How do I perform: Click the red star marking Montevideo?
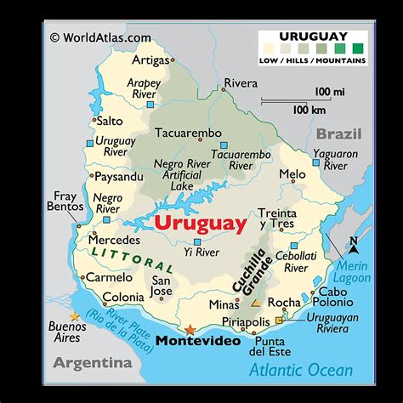click(x=190, y=328)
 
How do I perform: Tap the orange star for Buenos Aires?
click(x=74, y=317)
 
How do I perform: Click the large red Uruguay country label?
click(x=201, y=224)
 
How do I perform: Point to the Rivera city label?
click(x=240, y=83)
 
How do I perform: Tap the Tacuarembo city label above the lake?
click(x=187, y=133)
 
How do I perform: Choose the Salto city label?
click(x=111, y=122)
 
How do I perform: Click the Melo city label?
click(x=292, y=174)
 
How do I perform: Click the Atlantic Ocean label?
click(x=300, y=369)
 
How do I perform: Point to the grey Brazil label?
click(x=339, y=134)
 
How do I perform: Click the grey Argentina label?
click(x=93, y=363)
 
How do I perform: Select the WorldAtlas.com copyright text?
click(x=100, y=37)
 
